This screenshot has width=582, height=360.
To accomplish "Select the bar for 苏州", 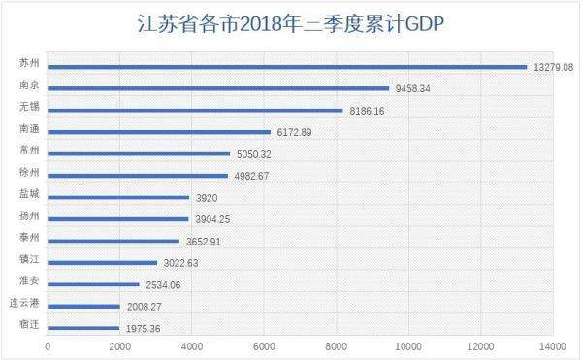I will [x=286, y=67].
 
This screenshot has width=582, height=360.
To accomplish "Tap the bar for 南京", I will [x=217, y=88].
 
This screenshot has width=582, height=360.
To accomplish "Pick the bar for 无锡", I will [x=195, y=111].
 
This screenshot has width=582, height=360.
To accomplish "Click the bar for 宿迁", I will [x=83, y=328].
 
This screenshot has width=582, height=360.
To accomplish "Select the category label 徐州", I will [x=29, y=172].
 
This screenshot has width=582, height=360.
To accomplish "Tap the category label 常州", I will [x=29, y=150].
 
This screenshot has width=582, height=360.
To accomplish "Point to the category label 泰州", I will [x=29, y=237].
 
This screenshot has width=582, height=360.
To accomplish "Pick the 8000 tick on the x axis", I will [x=336, y=346].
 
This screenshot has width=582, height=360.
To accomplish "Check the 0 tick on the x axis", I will [x=48, y=346].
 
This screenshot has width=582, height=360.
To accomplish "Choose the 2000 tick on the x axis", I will [x=119, y=346].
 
